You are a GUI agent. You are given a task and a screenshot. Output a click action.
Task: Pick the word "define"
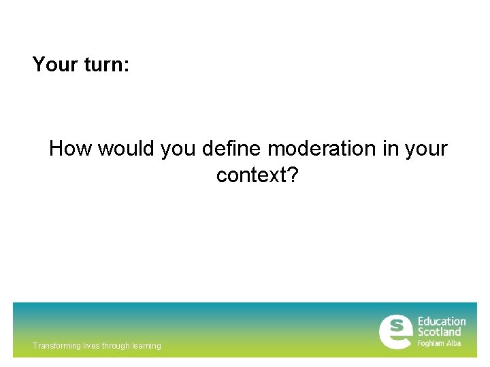(x=232, y=148)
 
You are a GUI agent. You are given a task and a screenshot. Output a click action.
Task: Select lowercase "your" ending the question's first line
(x=426, y=148)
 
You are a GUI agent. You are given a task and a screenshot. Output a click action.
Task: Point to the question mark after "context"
(x=293, y=175)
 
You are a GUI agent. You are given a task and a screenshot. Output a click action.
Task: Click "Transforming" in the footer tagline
(x=56, y=346)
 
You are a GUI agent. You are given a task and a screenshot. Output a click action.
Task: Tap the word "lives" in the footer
(x=91, y=346)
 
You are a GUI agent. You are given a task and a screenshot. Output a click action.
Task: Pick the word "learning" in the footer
(x=148, y=346)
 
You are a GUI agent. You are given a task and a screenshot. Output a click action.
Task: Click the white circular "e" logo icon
(x=395, y=332)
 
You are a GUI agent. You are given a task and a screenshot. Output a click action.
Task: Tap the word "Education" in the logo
(x=442, y=321)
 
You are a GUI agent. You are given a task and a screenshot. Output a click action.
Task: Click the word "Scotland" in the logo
(x=439, y=332)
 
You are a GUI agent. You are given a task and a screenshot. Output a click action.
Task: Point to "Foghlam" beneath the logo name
(x=431, y=343)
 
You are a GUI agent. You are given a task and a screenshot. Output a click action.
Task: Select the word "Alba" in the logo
(x=454, y=343)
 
